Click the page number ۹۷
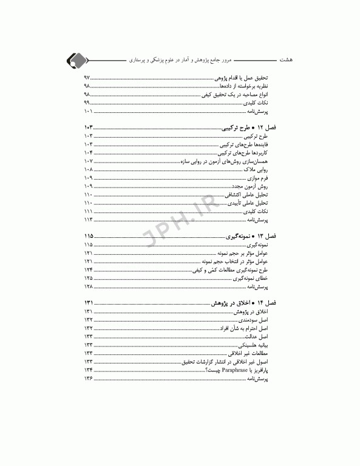pos(87,79)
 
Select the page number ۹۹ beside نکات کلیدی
pos(87,104)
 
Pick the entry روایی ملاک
pos(259,171)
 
